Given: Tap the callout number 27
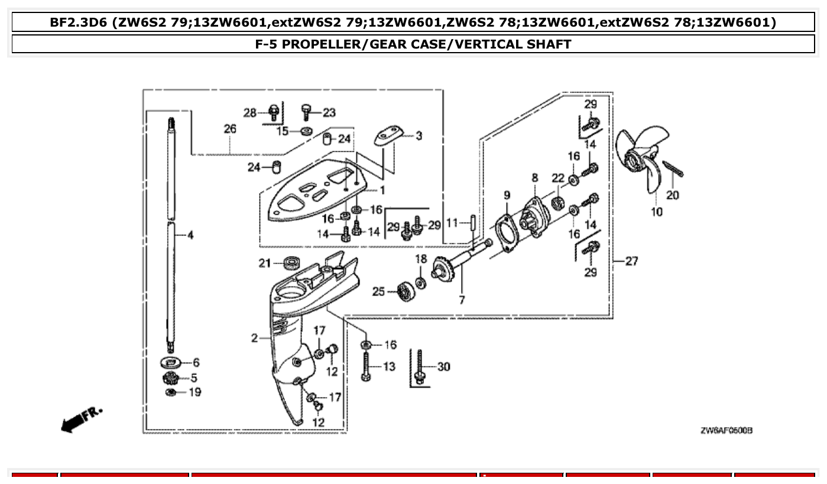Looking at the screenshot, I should pyautogui.click(x=631, y=261).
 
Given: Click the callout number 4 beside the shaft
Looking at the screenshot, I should pyautogui.click(x=190, y=235).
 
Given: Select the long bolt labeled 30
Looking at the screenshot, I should pyautogui.click(x=419, y=366).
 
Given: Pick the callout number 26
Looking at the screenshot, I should pyautogui.click(x=229, y=128).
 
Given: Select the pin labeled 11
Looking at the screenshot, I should pyautogui.click(x=474, y=224).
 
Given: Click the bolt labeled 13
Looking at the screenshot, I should pyautogui.click(x=367, y=367).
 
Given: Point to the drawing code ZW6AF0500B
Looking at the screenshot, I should pyautogui.click(x=726, y=430).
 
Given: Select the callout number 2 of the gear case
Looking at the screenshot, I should pyautogui.click(x=254, y=338).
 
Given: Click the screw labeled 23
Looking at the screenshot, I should pyautogui.click(x=307, y=111).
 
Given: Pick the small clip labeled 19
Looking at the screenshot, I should pyautogui.click(x=171, y=393).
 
